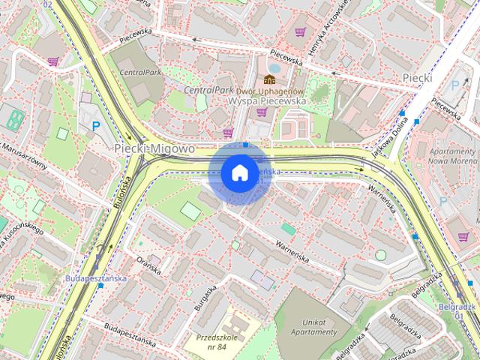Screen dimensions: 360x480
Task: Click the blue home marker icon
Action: pyautogui.click(x=238, y=173)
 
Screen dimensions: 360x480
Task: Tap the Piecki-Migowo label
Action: pyautogui.click(x=154, y=149)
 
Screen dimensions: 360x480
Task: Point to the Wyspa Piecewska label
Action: pyautogui.click(x=267, y=100)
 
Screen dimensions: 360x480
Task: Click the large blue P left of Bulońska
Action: pyautogui.click(x=96, y=128)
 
